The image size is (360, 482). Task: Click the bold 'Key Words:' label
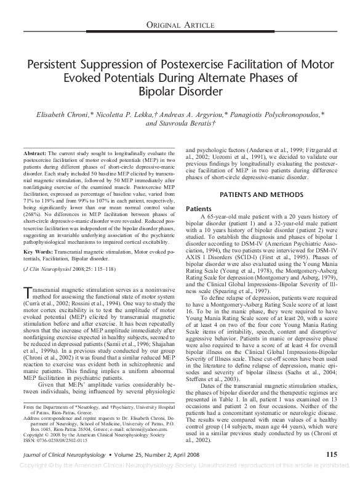pos(39,253)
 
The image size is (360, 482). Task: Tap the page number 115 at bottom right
pos(330,471)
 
